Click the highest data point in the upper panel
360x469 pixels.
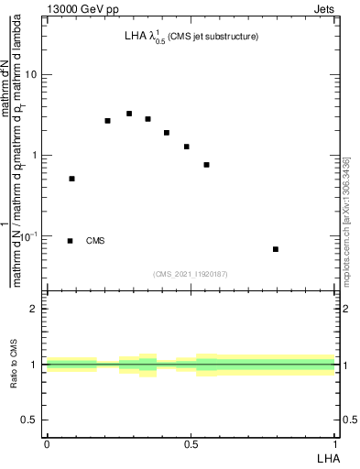[129, 114]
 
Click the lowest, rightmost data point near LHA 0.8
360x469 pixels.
[276, 249]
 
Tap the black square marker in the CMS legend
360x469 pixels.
[71, 241]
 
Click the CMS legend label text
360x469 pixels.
[95, 241]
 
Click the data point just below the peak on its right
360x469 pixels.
[147, 119]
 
